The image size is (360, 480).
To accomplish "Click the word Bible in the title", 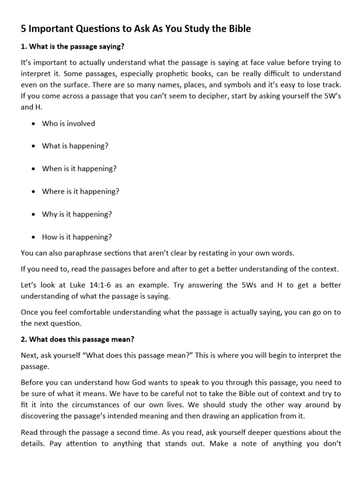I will coord(239,29).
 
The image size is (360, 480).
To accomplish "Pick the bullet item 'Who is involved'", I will coord(68,123).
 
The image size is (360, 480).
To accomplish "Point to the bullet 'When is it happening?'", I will coord(79,169).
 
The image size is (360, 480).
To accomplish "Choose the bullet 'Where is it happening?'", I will coord(81,191).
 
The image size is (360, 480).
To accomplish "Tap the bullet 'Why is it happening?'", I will coord(77,214).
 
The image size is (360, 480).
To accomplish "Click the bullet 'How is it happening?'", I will coord(77,237).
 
